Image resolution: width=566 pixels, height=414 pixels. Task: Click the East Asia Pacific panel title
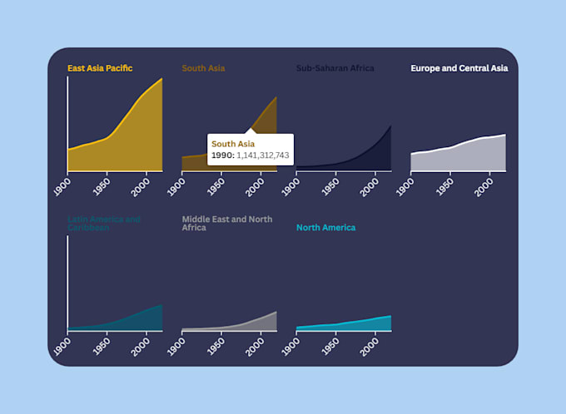pyautogui.click(x=100, y=68)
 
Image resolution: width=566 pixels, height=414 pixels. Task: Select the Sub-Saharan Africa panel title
pyautogui.click(x=335, y=68)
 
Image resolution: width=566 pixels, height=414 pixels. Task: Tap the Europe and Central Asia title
pyautogui.click(x=459, y=68)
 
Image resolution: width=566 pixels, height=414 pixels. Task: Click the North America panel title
pyautogui.click(x=325, y=228)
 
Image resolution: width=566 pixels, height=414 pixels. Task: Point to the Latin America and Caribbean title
pyautogui.click(x=104, y=224)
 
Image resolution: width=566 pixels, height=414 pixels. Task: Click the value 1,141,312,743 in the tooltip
pyautogui.click(x=262, y=155)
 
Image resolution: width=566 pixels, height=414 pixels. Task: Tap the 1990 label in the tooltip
pyautogui.click(x=222, y=155)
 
